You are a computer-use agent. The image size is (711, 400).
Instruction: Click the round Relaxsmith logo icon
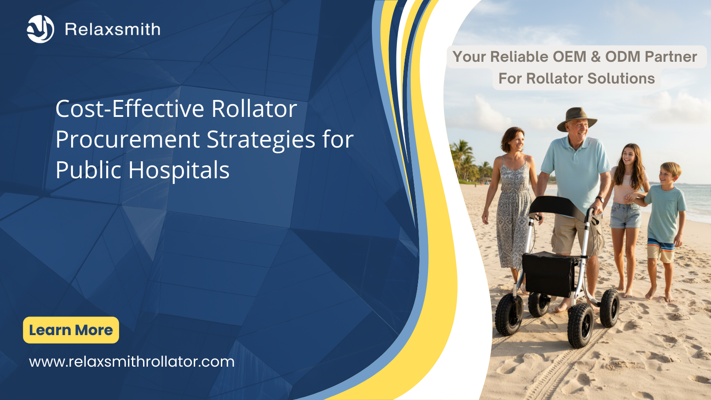[x=40, y=29]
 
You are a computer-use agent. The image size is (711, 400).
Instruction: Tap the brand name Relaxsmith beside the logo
[x=113, y=29]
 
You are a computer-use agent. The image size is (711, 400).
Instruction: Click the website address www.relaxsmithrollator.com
[x=132, y=362]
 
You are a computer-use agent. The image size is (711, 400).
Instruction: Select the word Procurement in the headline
[x=128, y=140]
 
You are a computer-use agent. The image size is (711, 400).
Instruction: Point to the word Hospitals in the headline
[x=179, y=170]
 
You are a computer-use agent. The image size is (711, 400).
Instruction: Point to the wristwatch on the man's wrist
[x=600, y=200]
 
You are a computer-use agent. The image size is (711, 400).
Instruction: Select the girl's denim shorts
[x=625, y=215]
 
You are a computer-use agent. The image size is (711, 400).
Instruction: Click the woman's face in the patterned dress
[x=516, y=141]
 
